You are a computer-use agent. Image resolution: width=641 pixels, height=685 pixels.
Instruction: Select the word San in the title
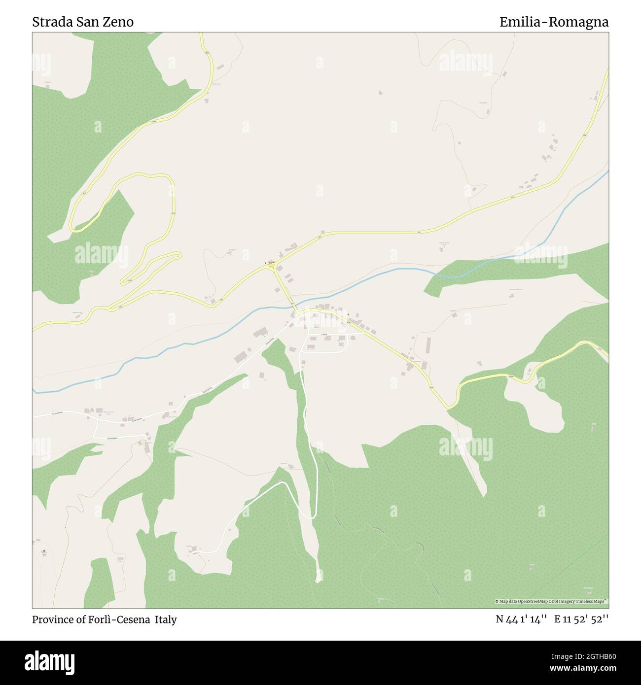86,22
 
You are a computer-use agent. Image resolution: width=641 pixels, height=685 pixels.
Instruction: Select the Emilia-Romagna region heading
554,22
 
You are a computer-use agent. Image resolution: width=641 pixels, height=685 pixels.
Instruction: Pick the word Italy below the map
166,619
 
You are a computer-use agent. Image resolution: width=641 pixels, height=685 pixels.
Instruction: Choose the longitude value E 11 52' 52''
581,619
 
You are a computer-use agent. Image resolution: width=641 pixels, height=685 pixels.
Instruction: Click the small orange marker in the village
348,314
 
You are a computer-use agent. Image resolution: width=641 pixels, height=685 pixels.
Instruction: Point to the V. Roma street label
324,335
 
